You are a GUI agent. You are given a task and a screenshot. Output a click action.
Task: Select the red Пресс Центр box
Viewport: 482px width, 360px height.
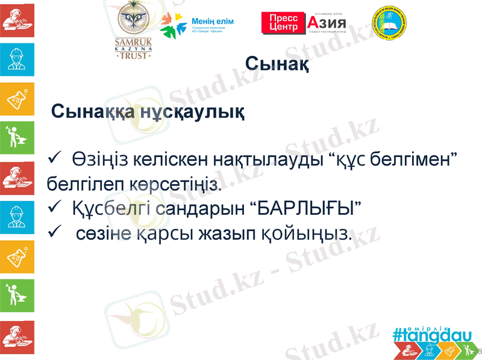pyautogui.click(x=283, y=23)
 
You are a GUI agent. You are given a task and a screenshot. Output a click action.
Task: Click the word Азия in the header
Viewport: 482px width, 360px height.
pyautogui.click(x=328, y=24)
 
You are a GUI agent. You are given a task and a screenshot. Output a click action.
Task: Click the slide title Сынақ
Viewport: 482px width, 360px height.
pyautogui.click(x=278, y=63)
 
